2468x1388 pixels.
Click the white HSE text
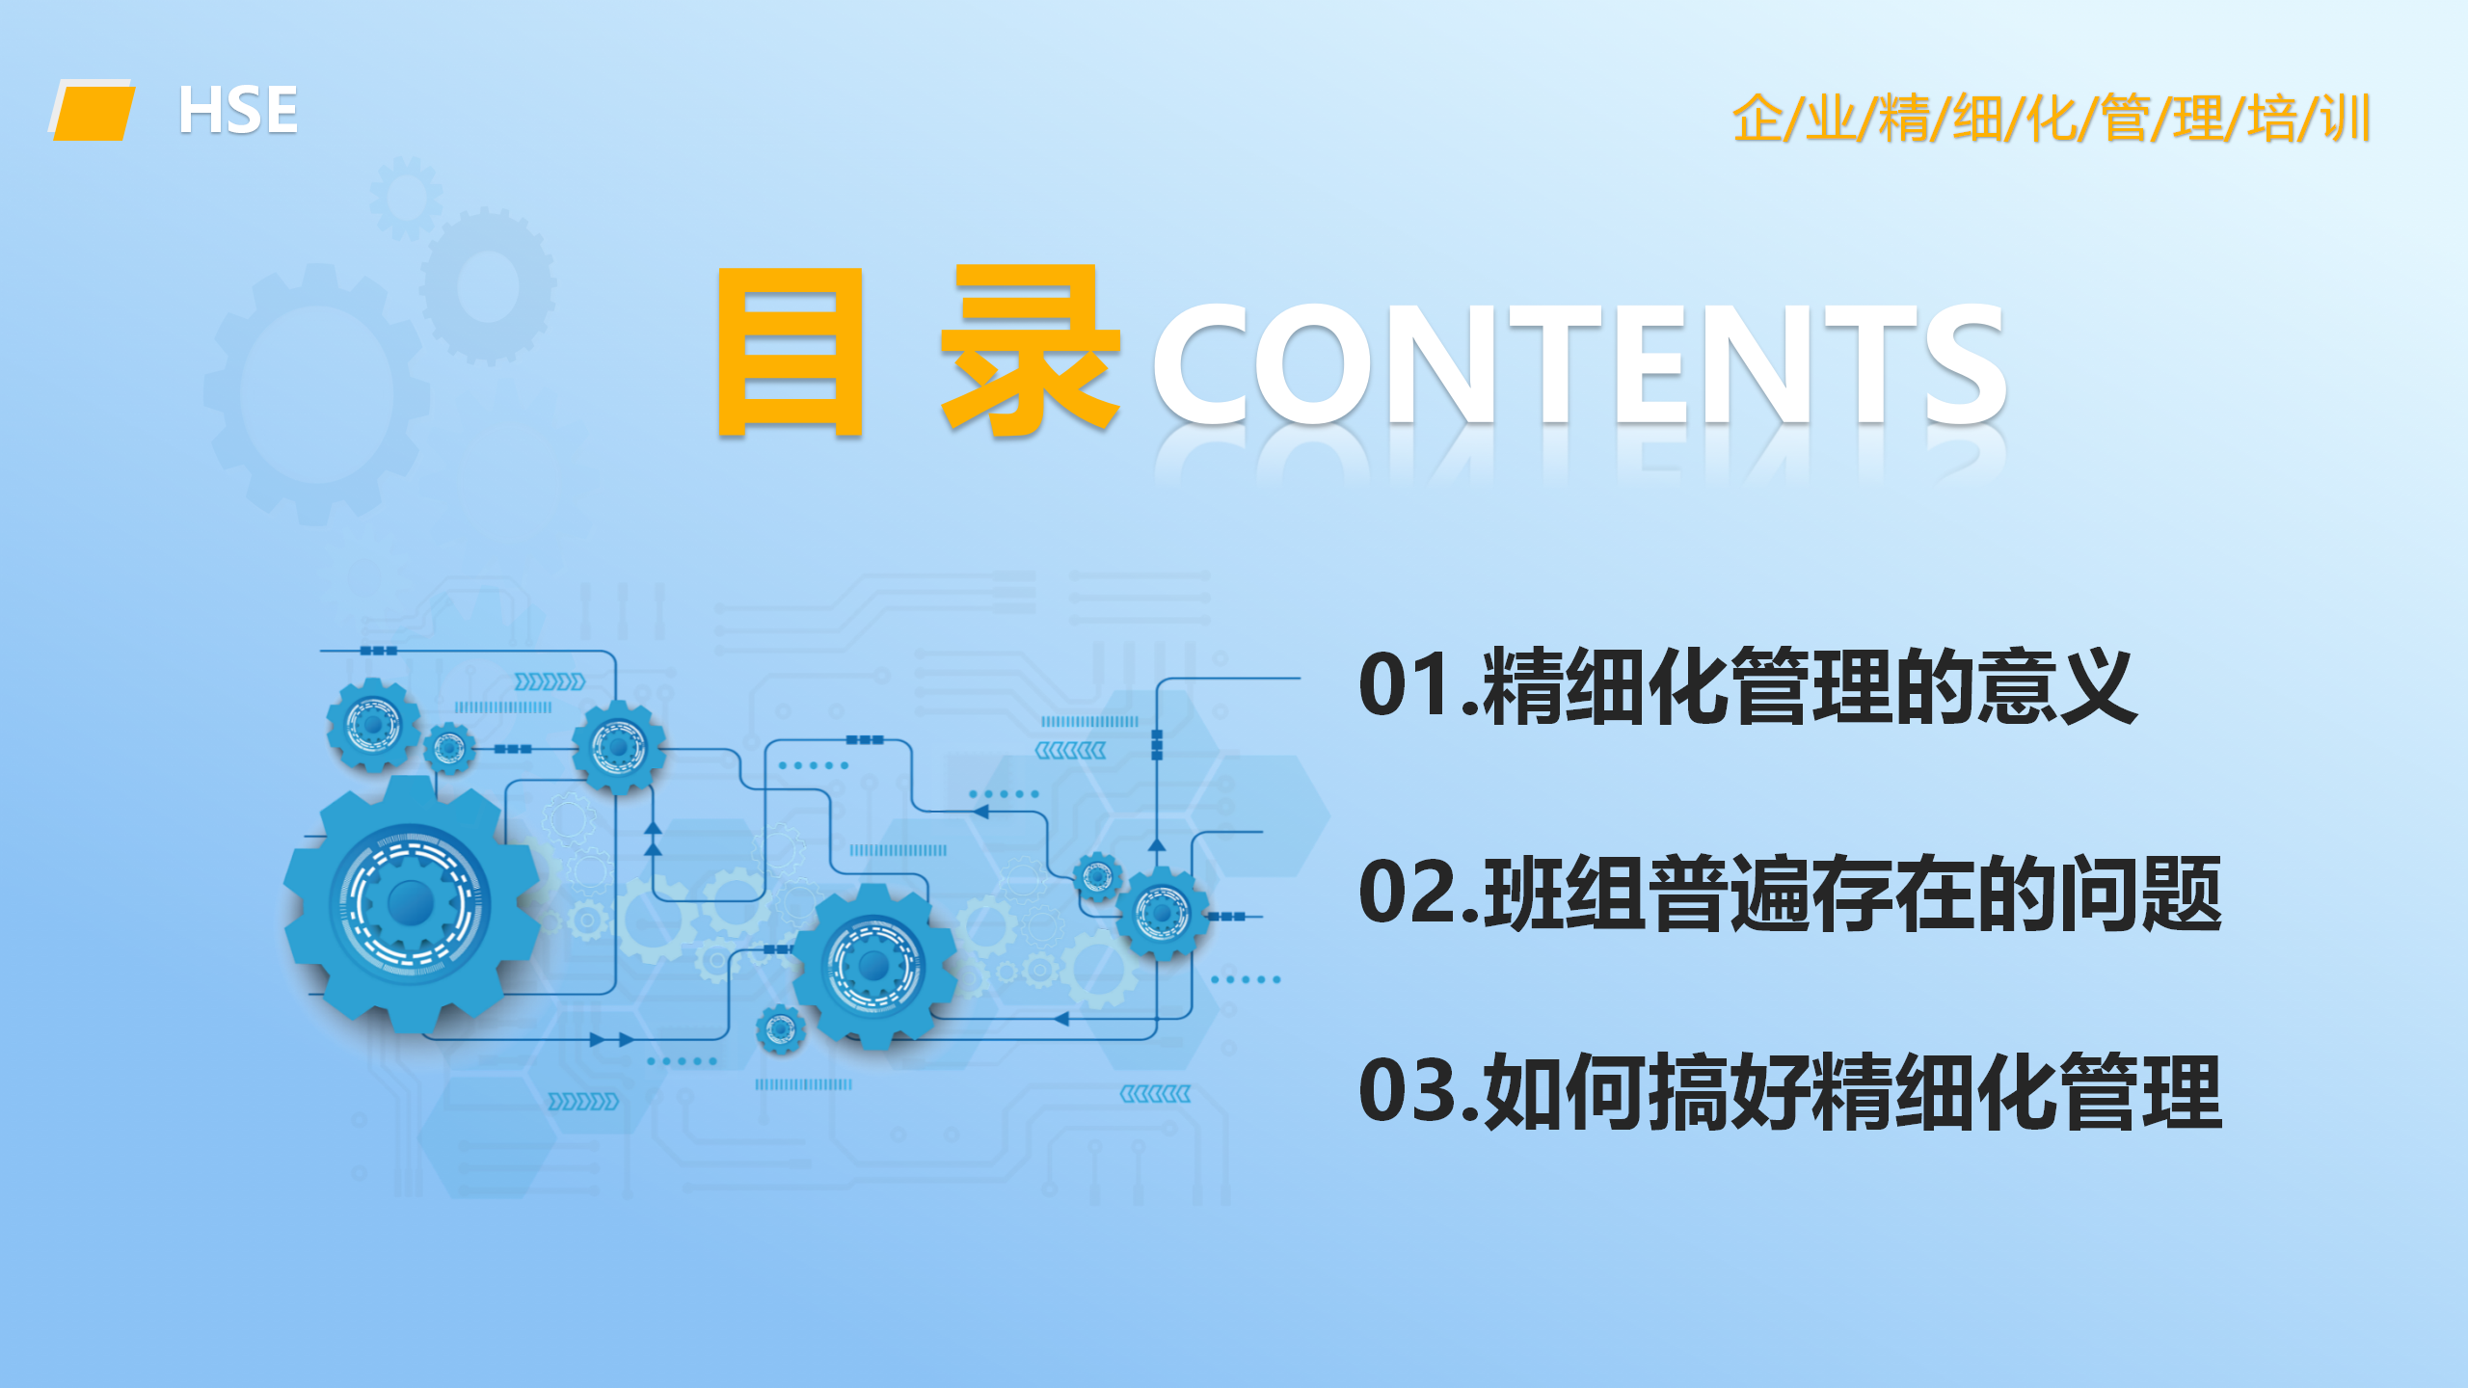coord(238,110)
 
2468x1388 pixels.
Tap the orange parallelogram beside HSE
coord(93,111)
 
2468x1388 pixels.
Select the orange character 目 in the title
coord(791,352)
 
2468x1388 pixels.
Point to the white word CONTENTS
coord(1579,362)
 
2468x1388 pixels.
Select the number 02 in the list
coord(1407,892)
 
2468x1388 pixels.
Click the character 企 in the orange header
coord(1757,119)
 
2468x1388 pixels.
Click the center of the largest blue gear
coord(412,902)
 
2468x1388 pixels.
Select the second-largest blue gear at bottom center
coord(874,965)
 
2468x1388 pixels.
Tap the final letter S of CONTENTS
coord(1966,363)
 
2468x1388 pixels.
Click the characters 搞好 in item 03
coord(1730,1091)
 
